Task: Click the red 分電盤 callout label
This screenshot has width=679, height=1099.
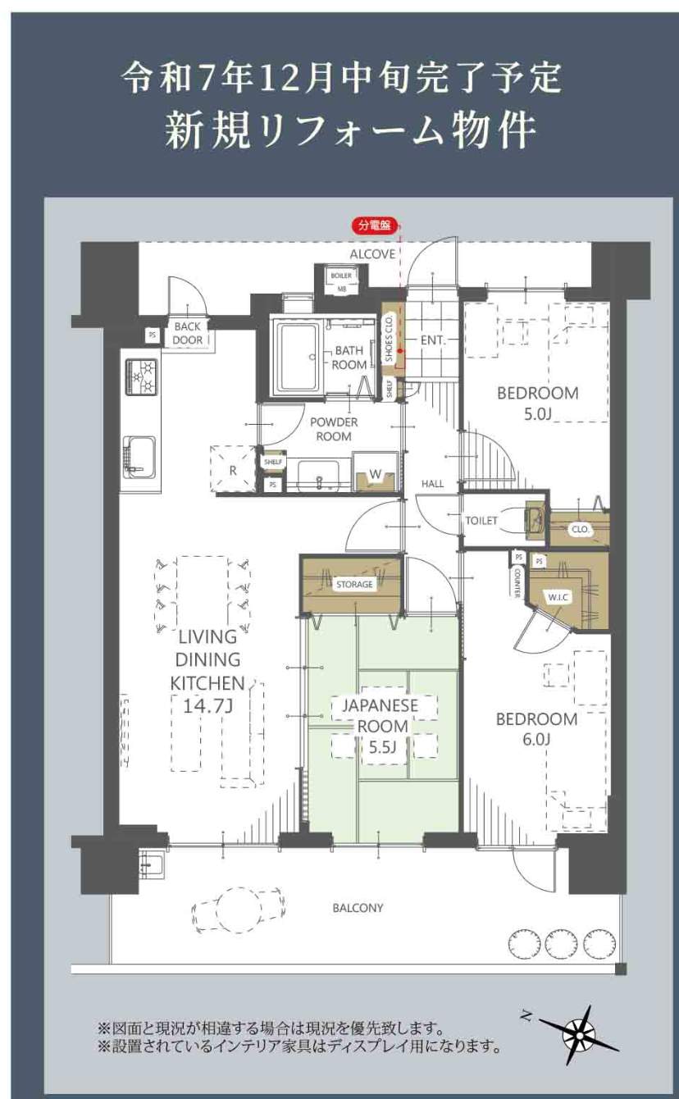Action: [374, 226]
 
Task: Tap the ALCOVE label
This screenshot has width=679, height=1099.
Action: [372, 254]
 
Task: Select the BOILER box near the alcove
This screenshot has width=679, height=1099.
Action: [341, 276]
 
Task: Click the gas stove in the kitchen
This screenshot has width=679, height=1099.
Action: [142, 376]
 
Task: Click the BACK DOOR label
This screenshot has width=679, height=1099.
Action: [188, 333]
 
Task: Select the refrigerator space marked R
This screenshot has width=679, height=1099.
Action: [233, 468]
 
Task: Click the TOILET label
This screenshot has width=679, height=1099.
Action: [481, 521]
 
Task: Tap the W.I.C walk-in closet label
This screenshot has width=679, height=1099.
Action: [558, 597]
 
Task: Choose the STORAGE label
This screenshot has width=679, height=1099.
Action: [354, 584]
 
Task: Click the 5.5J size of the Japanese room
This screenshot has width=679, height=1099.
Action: [382, 747]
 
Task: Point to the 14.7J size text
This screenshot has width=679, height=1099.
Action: [207, 706]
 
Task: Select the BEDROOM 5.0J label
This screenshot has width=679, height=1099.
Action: [538, 404]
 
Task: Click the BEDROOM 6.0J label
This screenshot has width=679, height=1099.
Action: [536, 728]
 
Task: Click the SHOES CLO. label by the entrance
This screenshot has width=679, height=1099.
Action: [389, 339]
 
